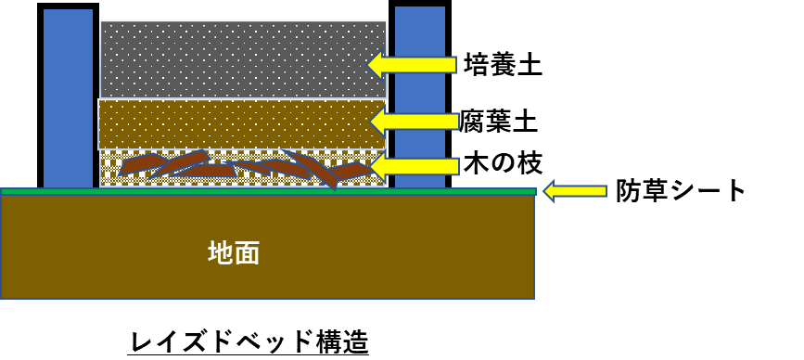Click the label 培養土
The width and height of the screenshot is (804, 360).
[503, 65]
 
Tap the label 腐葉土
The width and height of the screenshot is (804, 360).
[498, 122]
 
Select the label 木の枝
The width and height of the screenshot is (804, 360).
[503, 164]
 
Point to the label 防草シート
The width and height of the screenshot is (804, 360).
[680, 191]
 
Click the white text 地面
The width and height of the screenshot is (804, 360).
[234, 252]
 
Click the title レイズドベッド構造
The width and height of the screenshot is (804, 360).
[249, 342]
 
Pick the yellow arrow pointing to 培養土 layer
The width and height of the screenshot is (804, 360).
[413, 65]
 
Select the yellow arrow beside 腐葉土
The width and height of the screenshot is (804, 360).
[414, 122]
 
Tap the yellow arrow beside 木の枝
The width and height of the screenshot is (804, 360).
[414, 165]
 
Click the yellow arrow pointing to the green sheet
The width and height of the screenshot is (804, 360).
[575, 191]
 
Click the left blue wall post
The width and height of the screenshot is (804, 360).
[68, 96]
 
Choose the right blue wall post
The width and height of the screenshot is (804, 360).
[420, 95]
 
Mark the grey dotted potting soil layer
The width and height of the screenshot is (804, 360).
[243, 59]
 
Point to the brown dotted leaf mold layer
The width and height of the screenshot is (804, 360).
[241, 124]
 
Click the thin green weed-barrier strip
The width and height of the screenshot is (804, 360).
[268, 191]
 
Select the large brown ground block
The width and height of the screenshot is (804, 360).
[267, 247]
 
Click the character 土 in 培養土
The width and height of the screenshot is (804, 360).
[530, 65]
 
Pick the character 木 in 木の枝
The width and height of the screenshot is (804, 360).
[477, 164]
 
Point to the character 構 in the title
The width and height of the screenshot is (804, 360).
[329, 342]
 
